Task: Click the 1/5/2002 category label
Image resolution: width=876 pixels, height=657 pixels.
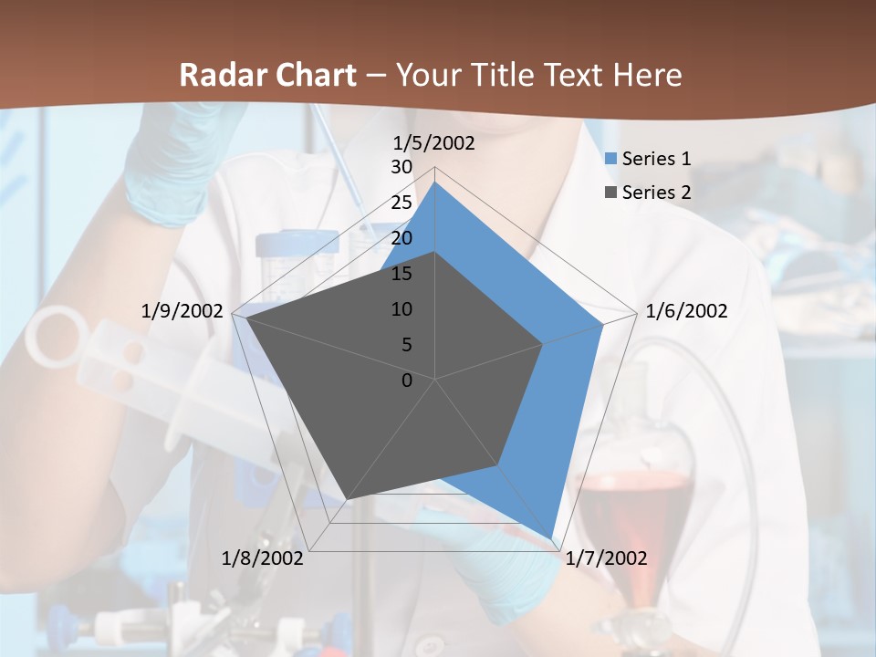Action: (433, 143)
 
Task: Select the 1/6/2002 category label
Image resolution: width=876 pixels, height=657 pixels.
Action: (686, 311)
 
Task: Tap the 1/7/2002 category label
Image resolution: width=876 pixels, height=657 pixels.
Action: (606, 558)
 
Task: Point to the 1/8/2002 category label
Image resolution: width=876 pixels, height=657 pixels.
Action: (263, 558)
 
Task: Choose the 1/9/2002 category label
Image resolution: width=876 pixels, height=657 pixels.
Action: (182, 311)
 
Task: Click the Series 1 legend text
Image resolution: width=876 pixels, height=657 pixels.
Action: (656, 159)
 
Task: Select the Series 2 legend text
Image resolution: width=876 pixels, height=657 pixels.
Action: (656, 193)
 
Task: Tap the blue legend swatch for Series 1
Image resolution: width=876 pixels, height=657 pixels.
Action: (610, 159)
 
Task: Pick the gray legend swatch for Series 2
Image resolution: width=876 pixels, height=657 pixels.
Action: (610, 193)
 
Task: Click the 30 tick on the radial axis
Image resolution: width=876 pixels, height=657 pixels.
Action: (401, 167)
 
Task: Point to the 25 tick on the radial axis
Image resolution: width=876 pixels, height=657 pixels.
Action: (401, 203)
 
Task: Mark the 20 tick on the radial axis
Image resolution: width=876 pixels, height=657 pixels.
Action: (401, 238)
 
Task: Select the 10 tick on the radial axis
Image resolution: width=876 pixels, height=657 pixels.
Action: (401, 309)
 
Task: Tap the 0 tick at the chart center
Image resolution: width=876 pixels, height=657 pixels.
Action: (407, 381)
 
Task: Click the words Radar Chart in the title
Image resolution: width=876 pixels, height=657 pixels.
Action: (266, 75)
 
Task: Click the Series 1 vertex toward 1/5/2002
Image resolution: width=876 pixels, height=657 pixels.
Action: (435, 182)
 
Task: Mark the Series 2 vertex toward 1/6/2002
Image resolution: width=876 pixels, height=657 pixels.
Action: (543, 344)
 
